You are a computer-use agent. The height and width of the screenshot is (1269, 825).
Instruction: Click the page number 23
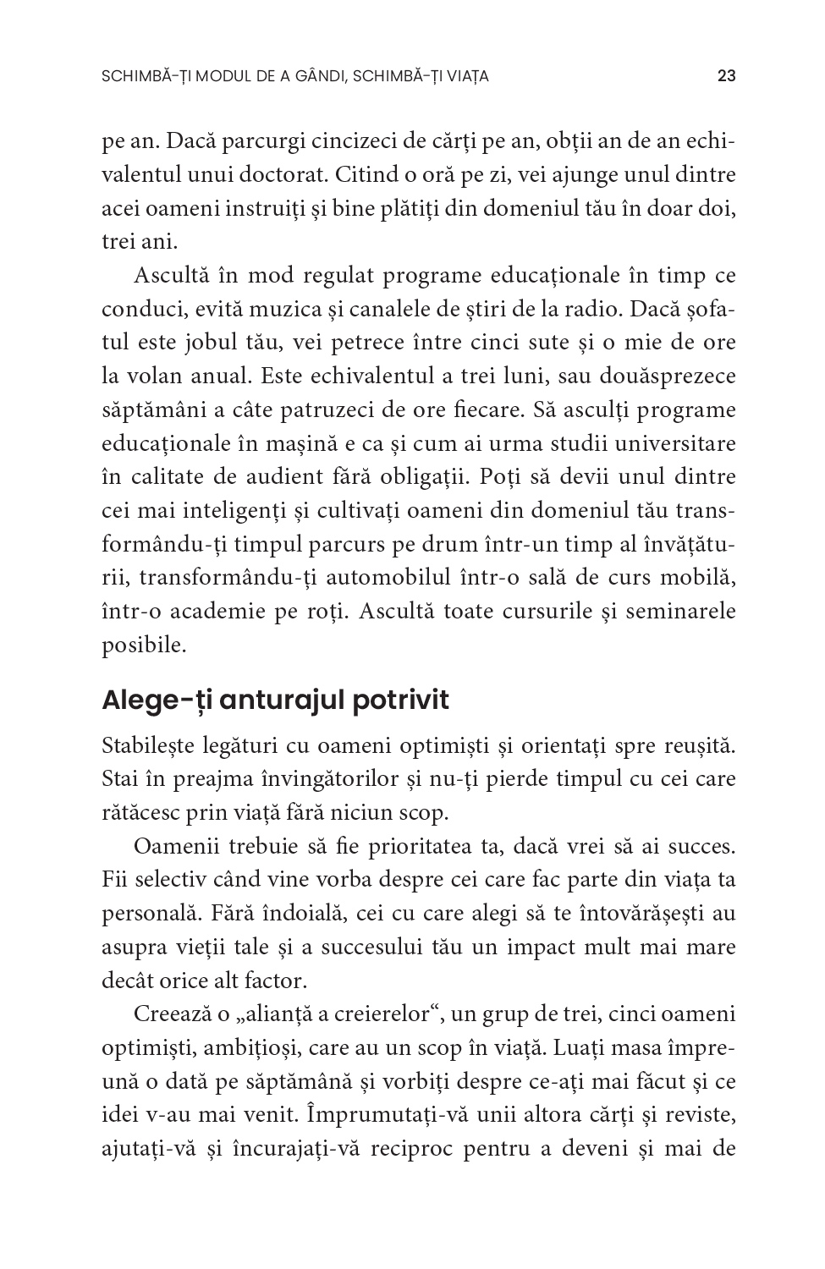tap(726, 76)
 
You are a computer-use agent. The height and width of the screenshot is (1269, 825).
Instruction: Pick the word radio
tap(593, 309)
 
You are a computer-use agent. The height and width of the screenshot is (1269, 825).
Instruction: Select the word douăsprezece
tap(665, 376)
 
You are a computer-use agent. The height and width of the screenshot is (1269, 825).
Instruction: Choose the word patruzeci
tap(318, 410)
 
